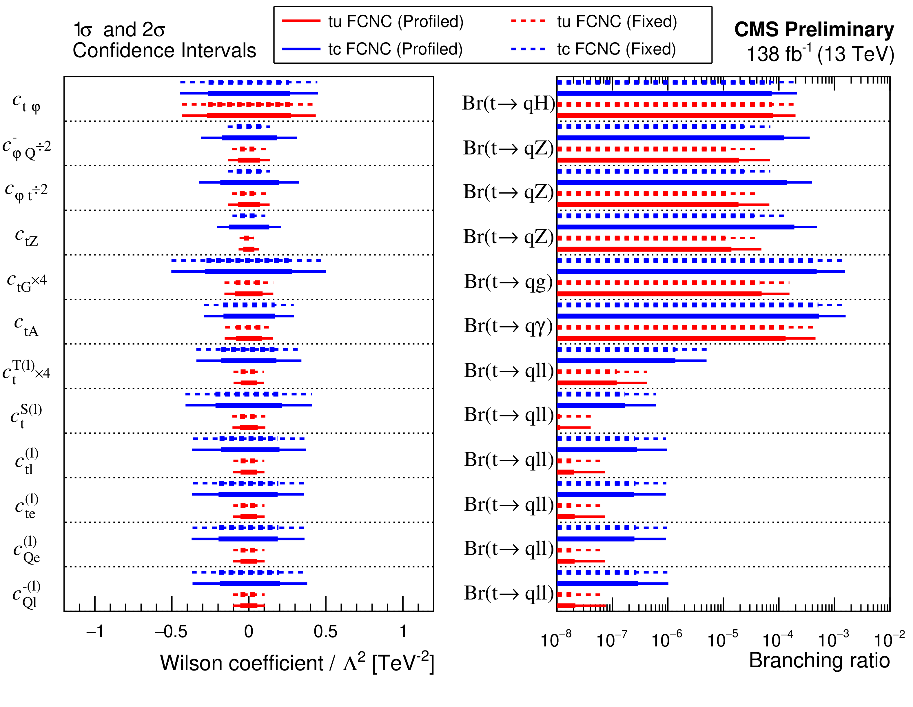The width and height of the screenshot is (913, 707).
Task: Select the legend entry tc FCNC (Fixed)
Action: pyautogui.click(x=593, y=49)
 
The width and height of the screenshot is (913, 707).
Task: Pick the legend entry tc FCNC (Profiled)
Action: pyautogui.click(x=372, y=49)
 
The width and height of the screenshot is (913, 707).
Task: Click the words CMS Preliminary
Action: pyautogui.click(x=814, y=30)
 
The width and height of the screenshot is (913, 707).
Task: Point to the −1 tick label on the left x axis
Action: pyautogui.click(x=95, y=631)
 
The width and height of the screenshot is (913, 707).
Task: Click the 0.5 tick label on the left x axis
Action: pyautogui.click(x=326, y=631)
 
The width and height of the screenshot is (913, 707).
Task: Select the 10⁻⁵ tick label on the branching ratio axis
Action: pyautogui.click(x=722, y=639)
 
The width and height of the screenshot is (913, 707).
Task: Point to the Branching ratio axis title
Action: pyautogui.click(x=819, y=661)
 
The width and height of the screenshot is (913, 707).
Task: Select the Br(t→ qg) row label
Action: pyautogui.click(x=508, y=282)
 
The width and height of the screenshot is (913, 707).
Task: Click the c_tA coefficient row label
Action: pyautogui.click(x=26, y=326)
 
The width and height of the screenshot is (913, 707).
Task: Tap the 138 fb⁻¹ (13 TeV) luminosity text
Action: pyautogui.click(x=820, y=54)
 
